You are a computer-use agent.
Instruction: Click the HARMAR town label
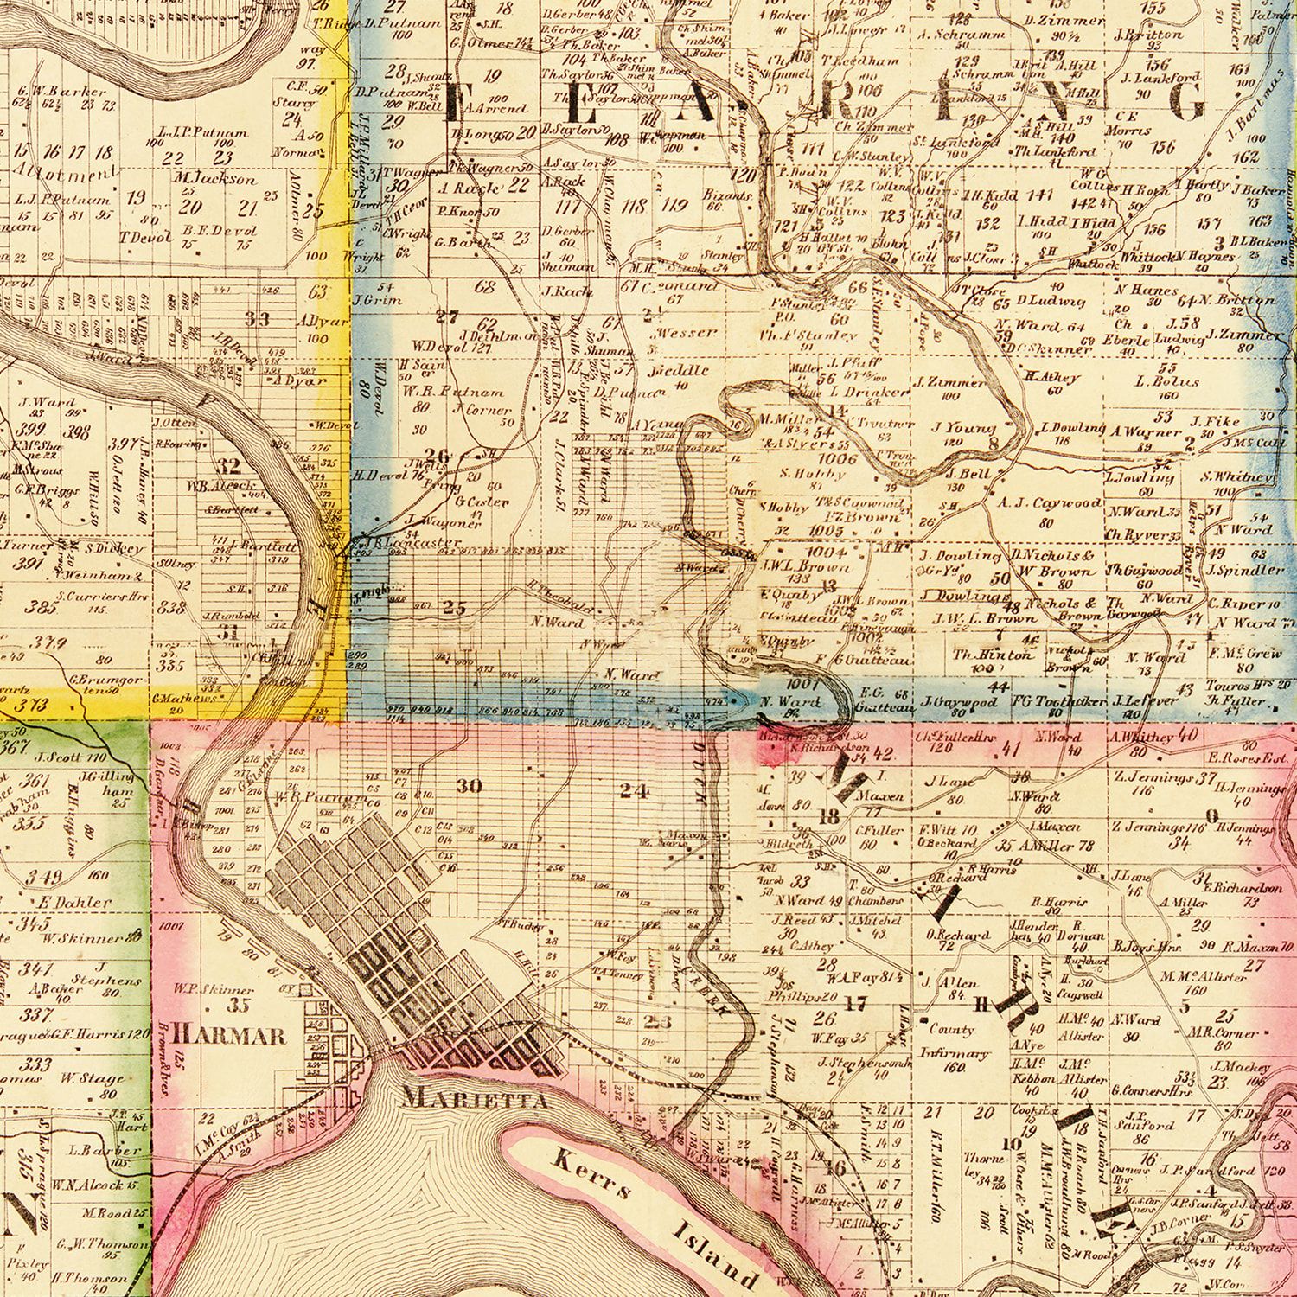click(229, 1035)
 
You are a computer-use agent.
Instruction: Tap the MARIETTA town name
click(476, 1100)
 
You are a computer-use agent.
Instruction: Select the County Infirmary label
click(954, 1042)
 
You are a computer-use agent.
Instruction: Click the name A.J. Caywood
click(1050, 503)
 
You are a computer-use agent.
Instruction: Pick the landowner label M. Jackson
click(215, 179)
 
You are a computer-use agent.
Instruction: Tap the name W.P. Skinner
click(213, 988)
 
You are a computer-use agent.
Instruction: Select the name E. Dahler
click(76, 902)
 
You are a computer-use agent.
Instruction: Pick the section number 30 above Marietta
click(470, 786)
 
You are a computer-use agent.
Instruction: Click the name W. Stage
click(92, 1078)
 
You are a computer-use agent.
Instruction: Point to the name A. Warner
click(1147, 431)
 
